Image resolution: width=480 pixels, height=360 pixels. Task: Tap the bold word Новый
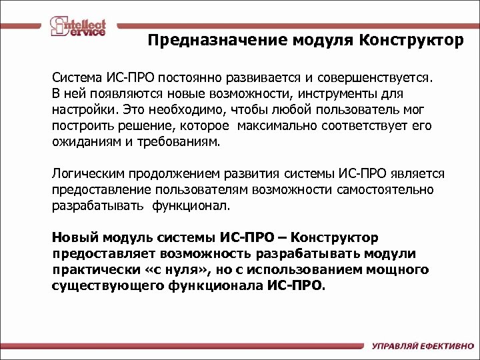(x=71, y=238)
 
